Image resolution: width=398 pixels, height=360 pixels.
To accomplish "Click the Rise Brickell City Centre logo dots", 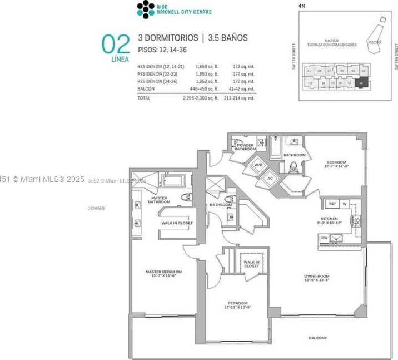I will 146,8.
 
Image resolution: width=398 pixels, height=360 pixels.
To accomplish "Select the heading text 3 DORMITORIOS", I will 168,38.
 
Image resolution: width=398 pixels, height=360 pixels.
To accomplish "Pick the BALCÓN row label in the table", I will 146,88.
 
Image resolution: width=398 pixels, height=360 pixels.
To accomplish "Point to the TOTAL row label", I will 143,98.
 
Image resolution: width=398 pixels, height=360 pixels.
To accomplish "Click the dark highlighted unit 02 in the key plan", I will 361,82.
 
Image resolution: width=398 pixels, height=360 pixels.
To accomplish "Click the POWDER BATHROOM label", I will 245,147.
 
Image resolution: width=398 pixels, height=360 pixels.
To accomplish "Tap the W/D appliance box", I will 258,165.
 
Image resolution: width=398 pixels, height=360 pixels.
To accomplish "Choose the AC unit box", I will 270,179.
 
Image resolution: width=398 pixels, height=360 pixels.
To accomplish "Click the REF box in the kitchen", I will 332,204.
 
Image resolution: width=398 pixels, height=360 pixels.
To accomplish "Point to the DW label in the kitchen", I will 324,238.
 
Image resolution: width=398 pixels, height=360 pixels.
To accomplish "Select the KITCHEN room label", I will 329,221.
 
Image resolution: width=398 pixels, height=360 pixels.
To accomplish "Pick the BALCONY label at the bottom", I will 317,338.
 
